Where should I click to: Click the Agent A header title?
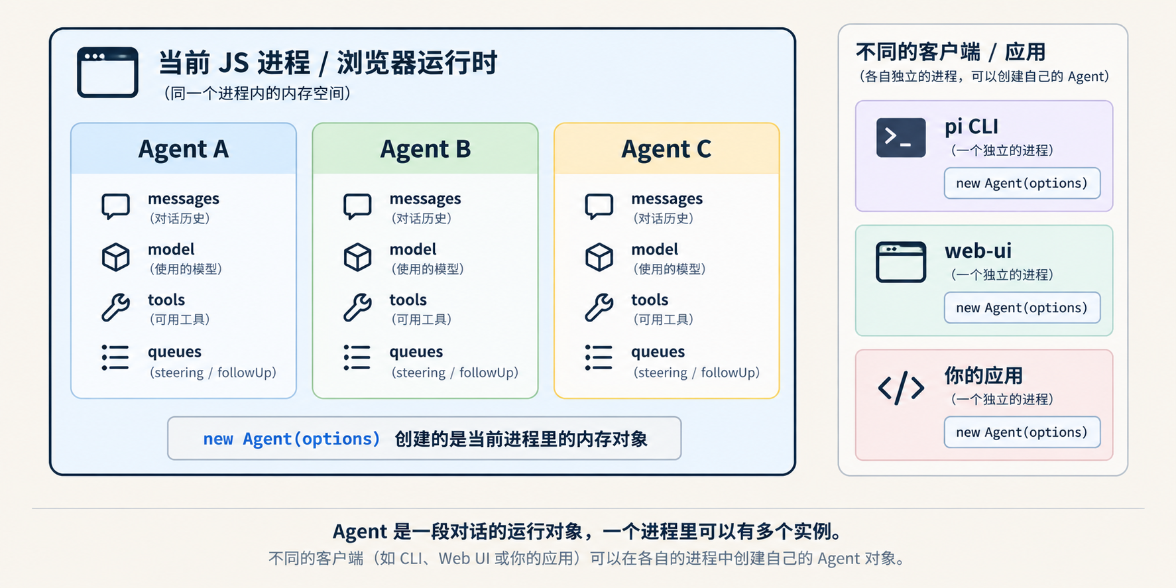coord(184,149)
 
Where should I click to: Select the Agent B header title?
coord(425,149)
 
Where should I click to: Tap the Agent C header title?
coord(666,149)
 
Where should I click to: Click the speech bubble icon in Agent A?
coord(116,207)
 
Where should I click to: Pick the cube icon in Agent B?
coord(357,257)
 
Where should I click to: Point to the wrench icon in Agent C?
coord(599,308)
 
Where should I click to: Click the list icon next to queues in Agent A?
coord(115,357)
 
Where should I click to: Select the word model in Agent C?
coord(654,249)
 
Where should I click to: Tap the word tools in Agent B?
coord(408,300)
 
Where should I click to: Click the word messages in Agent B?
coord(425,199)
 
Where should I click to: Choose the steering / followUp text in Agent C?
coord(697,373)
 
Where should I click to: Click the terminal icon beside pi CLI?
coord(901,137)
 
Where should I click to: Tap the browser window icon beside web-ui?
coord(901,262)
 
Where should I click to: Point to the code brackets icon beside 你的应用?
coord(901,388)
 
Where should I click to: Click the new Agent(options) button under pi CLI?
coord(1022,183)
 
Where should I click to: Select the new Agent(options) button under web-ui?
coord(1022,308)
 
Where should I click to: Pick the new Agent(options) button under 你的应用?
coord(1022,432)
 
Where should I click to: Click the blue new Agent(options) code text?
coord(292,439)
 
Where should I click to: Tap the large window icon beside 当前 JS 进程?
coord(107,72)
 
